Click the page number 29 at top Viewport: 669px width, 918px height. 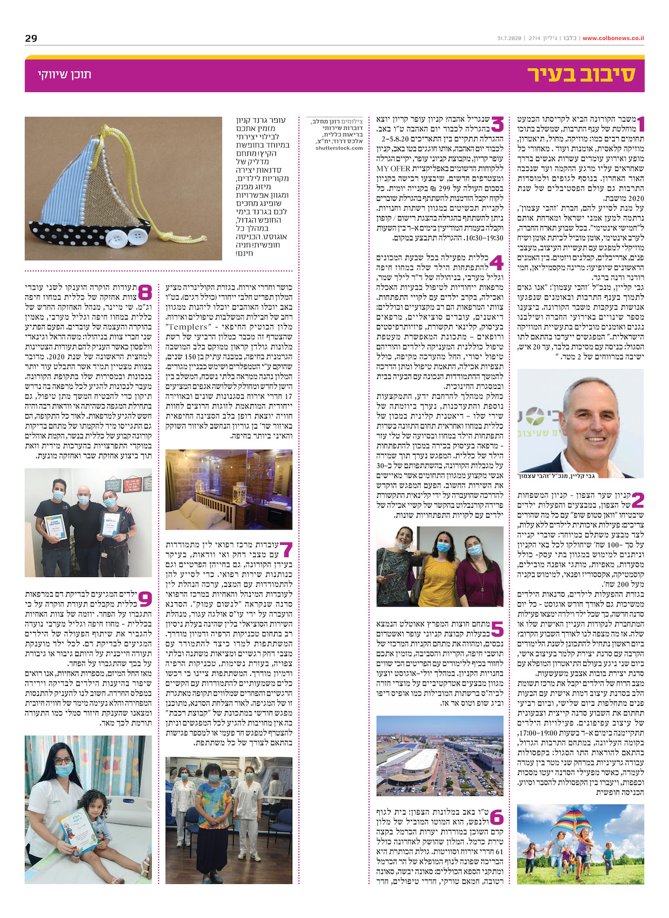coord(31,39)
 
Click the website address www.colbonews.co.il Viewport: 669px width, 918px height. coord(613,39)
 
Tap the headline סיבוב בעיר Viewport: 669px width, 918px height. coord(581,75)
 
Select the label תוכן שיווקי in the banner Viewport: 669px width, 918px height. coord(65,75)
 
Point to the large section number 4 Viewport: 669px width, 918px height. coord(496,263)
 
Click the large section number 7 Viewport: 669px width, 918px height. coord(286,550)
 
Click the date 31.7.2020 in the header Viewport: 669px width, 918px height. coord(509,39)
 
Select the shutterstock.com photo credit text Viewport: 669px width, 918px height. coord(339,148)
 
